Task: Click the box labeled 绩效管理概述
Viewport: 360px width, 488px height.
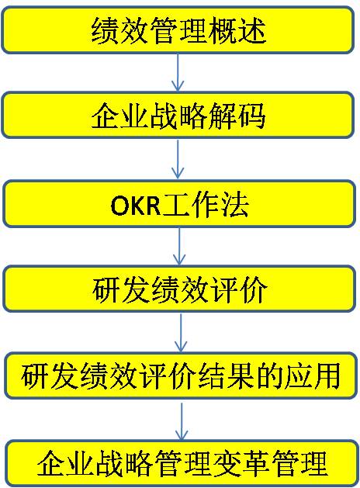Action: tap(178, 30)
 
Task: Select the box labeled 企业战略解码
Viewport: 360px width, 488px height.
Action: tap(178, 115)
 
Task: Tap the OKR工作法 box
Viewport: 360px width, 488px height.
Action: tap(179, 204)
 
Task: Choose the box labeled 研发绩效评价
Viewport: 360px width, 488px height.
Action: tap(179, 289)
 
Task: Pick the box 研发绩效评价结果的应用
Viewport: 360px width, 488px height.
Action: tap(181, 376)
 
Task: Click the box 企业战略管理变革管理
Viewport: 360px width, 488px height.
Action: tap(182, 464)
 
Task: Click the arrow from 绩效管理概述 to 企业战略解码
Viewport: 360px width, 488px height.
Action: tap(178, 72)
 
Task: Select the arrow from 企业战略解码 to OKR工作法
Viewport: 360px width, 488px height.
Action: tap(178, 159)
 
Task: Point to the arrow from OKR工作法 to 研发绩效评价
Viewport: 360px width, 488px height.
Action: tap(179, 247)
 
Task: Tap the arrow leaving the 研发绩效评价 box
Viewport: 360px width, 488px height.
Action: tap(181, 332)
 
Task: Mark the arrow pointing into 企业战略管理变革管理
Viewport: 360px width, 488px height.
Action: tap(182, 420)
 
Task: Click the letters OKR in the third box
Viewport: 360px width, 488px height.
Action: tap(136, 206)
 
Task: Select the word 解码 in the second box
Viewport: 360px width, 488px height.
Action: tap(237, 116)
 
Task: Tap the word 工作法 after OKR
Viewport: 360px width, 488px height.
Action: tap(206, 205)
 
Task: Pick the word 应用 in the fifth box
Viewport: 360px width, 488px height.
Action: tap(311, 376)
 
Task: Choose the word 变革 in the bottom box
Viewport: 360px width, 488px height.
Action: tap(241, 465)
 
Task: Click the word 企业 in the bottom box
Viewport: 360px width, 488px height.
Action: tap(66, 465)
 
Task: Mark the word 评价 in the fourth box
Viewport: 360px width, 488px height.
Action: tap(239, 289)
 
